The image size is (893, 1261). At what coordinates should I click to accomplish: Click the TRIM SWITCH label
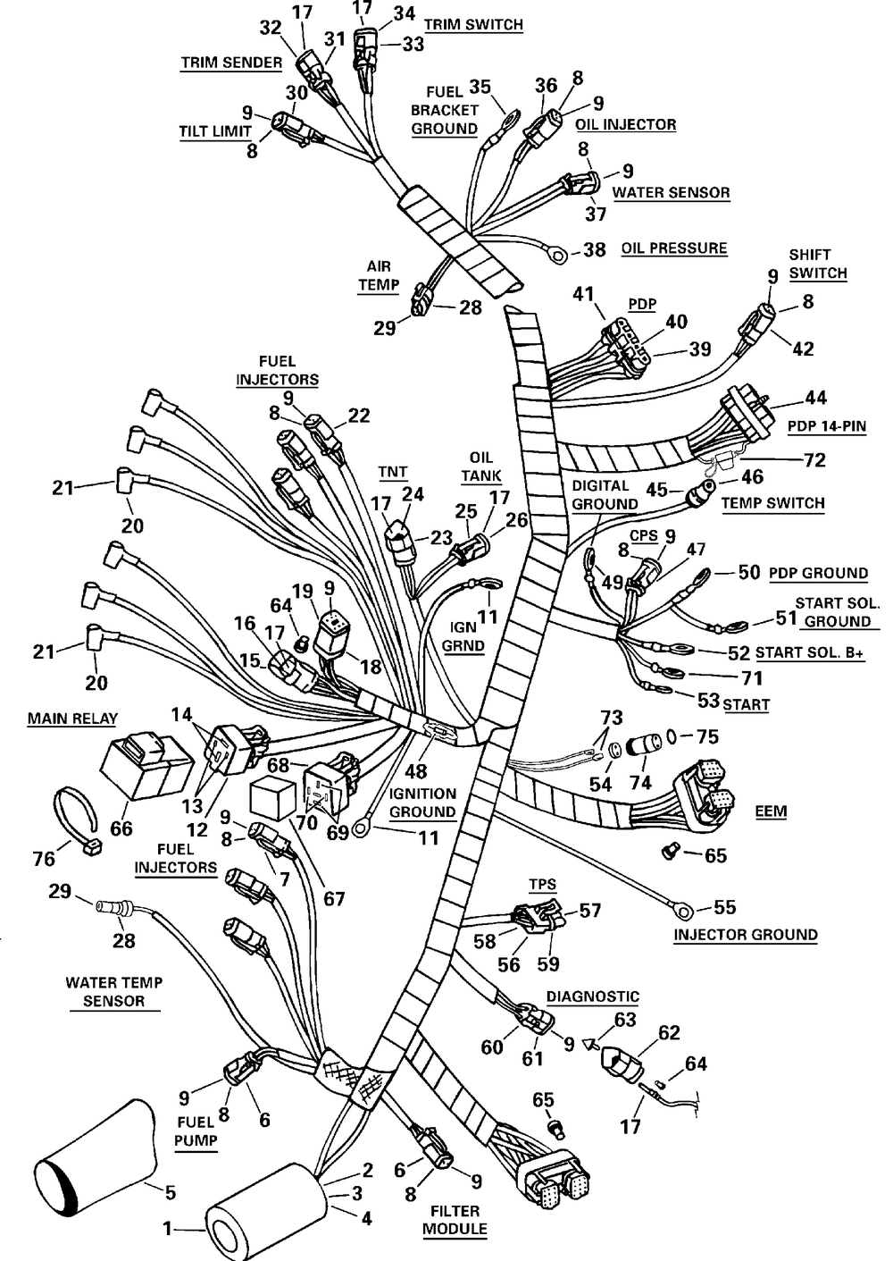click(x=473, y=25)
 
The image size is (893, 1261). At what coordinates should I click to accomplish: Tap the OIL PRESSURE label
click(x=674, y=248)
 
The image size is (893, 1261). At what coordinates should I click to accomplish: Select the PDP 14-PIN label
click(x=827, y=426)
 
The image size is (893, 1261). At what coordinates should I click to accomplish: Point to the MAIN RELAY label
click(x=72, y=719)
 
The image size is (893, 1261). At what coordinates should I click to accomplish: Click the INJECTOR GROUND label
click(x=746, y=935)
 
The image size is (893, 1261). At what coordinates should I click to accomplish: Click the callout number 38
click(x=594, y=249)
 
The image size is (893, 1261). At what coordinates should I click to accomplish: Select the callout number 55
click(x=724, y=907)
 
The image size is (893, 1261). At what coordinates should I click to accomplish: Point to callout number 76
click(x=44, y=859)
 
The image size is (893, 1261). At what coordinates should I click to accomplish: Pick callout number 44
click(x=816, y=398)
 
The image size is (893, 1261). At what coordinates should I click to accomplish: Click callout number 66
click(x=121, y=828)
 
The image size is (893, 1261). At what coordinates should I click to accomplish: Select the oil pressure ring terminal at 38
click(x=558, y=256)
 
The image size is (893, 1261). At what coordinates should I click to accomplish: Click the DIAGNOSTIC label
click(x=593, y=996)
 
